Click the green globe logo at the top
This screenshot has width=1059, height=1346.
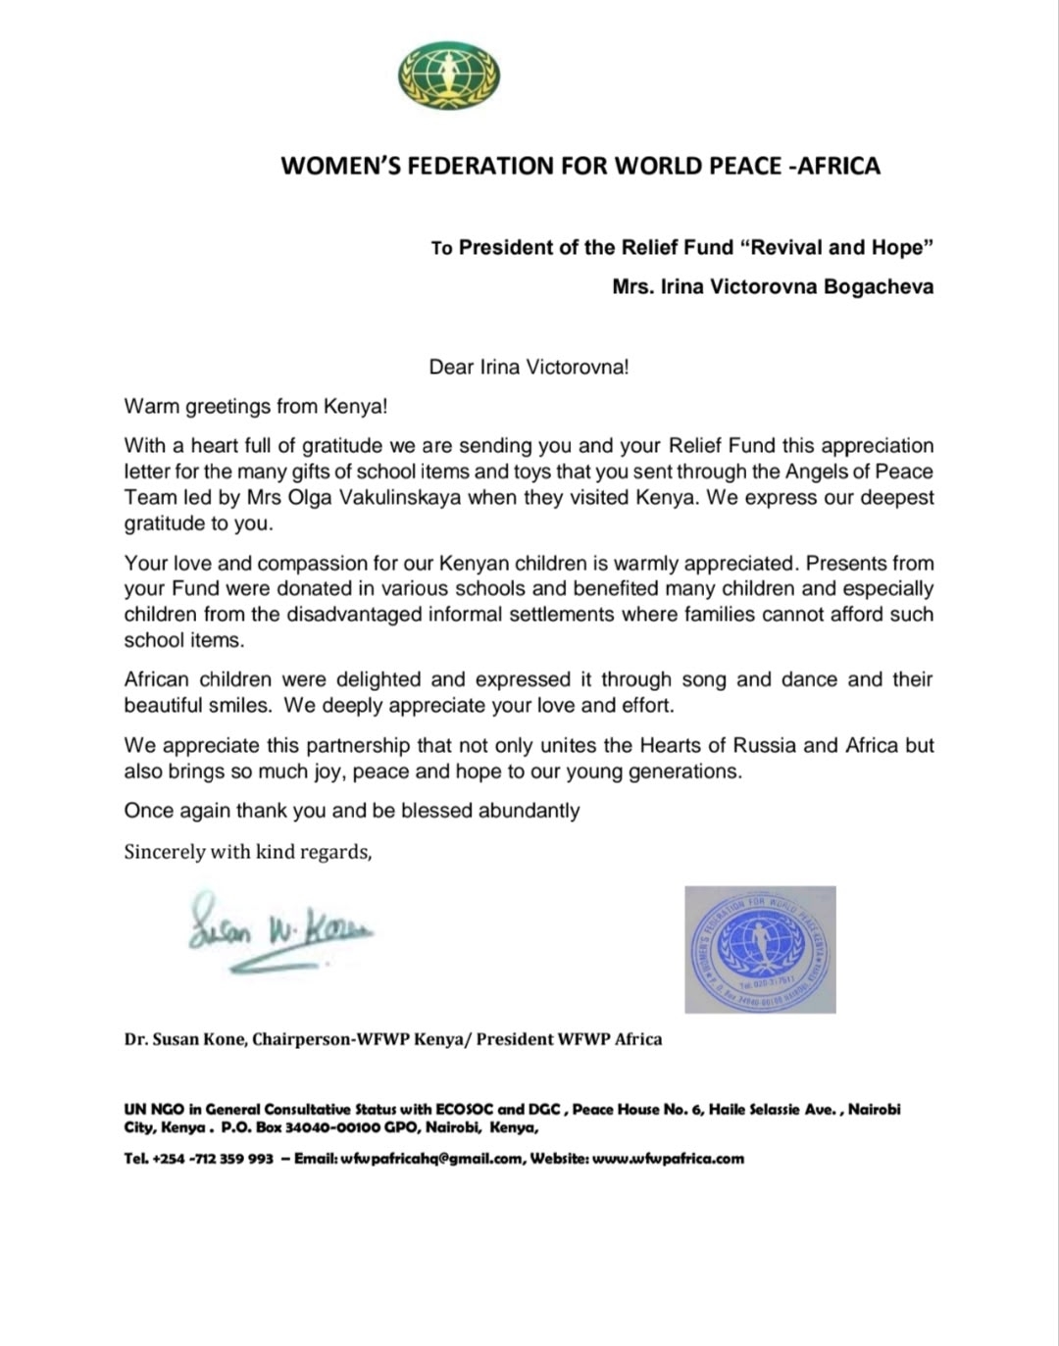click(x=449, y=75)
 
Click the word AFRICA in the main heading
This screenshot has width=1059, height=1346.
click(x=838, y=166)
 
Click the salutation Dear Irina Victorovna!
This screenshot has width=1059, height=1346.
click(x=529, y=368)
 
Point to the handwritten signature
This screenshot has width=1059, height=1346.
click(x=279, y=930)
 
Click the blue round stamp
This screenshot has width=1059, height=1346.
click(x=760, y=949)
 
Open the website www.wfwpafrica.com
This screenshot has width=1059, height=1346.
click(x=668, y=1159)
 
